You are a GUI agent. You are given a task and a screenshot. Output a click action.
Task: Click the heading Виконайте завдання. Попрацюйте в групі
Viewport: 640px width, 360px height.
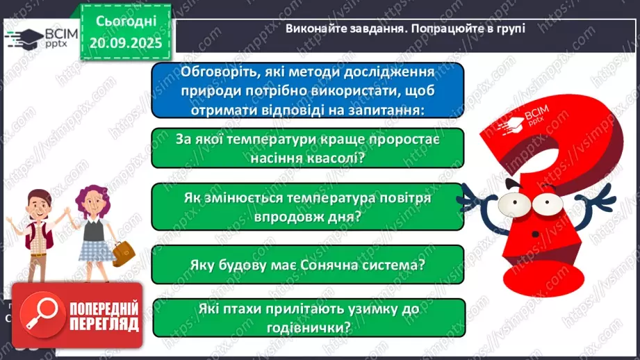406,28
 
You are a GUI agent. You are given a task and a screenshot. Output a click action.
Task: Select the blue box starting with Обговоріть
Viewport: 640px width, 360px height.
307,90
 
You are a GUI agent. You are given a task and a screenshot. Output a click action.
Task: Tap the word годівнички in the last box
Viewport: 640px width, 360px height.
308,327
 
